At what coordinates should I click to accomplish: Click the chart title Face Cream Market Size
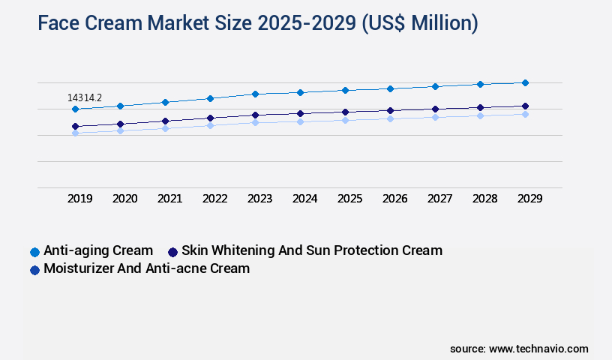coord(257,23)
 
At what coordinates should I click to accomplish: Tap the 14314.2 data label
coord(85,97)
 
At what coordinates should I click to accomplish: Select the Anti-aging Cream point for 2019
coord(75,109)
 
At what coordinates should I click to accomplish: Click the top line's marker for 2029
coord(525,82)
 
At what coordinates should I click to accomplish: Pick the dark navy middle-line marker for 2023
coord(255,115)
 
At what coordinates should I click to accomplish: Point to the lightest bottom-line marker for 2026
coord(390,118)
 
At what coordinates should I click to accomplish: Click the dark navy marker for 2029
coord(525,106)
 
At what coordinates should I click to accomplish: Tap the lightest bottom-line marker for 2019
coord(75,133)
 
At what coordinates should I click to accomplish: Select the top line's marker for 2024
coord(300,92)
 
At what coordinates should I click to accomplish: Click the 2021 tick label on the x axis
coord(170,199)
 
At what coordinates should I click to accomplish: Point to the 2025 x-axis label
coord(350,199)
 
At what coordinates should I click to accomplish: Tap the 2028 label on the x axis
coord(485,199)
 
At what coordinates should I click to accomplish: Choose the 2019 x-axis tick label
coord(80,199)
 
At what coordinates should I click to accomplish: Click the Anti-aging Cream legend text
coord(98,250)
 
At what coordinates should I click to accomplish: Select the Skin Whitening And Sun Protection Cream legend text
coord(312,250)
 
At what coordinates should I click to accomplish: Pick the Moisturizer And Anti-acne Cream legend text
coord(146,268)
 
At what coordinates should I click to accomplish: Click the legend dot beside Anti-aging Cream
coord(34,251)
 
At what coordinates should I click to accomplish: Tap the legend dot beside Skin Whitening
coord(172,251)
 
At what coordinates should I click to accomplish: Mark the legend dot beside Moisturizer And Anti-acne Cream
coord(34,269)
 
